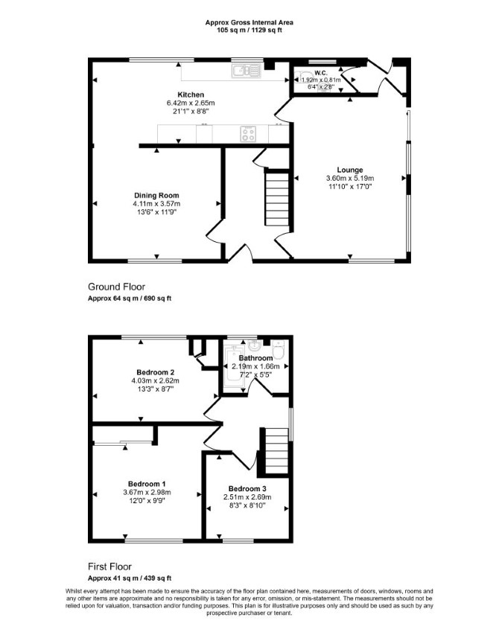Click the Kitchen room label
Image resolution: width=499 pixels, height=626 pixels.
[191, 95]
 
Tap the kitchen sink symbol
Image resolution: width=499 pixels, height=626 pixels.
[246, 71]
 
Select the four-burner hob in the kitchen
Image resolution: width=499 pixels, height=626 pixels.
[248, 133]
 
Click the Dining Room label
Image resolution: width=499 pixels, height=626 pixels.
[156, 195]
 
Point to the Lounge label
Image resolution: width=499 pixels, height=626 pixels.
[350, 170]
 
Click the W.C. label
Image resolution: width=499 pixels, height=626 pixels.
[321, 73]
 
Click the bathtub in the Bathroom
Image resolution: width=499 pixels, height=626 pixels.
[233, 366]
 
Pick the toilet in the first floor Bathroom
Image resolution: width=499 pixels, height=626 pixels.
[279, 349]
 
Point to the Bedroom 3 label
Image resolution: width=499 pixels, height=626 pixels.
[247, 488]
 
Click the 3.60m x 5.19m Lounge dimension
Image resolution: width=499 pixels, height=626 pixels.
[350, 178]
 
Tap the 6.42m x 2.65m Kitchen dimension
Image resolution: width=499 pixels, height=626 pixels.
[191, 103]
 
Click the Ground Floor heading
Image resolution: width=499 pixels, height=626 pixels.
[116, 287]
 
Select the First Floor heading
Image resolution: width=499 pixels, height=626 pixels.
[109, 566]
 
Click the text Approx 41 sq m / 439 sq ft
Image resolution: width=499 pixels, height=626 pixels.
[130, 578]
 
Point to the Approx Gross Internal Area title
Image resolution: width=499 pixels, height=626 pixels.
[249, 23]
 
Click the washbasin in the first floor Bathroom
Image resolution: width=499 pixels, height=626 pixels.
[255, 345]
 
